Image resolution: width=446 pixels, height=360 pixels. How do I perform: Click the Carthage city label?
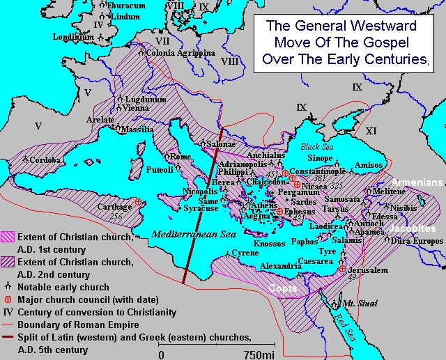[114, 207]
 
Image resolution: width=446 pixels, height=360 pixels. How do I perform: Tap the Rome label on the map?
[180, 157]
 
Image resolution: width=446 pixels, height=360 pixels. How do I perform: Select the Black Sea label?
[318, 147]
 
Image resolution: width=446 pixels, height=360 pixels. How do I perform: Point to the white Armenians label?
[417, 182]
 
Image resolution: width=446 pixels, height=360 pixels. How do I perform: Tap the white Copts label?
[284, 288]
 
